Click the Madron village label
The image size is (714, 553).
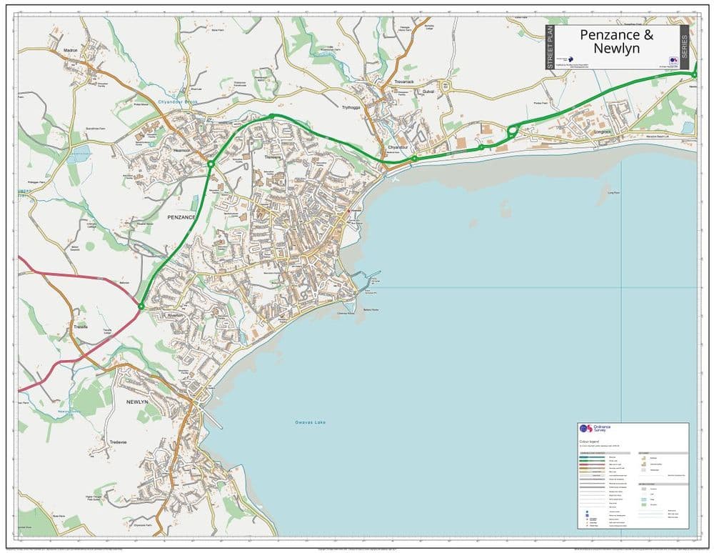coord(70,51)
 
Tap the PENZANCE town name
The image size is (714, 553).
coord(181,217)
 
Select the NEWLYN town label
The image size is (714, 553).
coord(137,402)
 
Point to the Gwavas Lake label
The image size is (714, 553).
coord(311,422)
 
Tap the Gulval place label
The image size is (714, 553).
coord(428,92)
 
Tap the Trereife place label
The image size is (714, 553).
coord(81,327)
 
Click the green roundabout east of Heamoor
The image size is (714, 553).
coord(211,164)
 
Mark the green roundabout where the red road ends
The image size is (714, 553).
coord(141,307)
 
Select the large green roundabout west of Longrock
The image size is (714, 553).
coord(512,131)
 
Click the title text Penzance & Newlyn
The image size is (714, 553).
coord(616,41)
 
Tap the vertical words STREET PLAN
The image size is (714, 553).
coord(550,47)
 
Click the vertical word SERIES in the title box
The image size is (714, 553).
coord(684,47)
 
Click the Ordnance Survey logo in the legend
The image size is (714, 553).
coord(585,428)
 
